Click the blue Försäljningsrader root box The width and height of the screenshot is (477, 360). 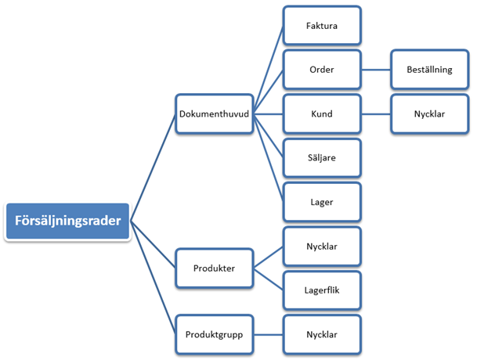click(67, 221)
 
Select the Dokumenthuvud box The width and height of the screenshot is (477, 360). click(214, 113)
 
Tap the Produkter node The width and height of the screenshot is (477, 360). click(214, 268)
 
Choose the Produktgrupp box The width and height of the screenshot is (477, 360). click(214, 334)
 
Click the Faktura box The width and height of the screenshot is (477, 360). click(322, 26)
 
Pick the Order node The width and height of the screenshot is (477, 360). click(322, 70)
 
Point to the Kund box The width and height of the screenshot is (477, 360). click(322, 113)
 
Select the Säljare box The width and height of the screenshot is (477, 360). click(322, 157)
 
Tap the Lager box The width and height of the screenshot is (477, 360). click(322, 202)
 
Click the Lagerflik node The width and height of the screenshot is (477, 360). click(322, 290)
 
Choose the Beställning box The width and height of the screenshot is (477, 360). click(429, 70)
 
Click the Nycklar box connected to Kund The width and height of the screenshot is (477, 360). click(429, 113)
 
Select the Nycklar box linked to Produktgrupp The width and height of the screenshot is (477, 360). click(322, 334)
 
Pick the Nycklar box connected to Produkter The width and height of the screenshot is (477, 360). click(322, 246)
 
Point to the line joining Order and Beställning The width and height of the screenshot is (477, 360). click(376, 70)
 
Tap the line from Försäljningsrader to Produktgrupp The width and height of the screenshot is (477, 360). click(153, 278)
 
